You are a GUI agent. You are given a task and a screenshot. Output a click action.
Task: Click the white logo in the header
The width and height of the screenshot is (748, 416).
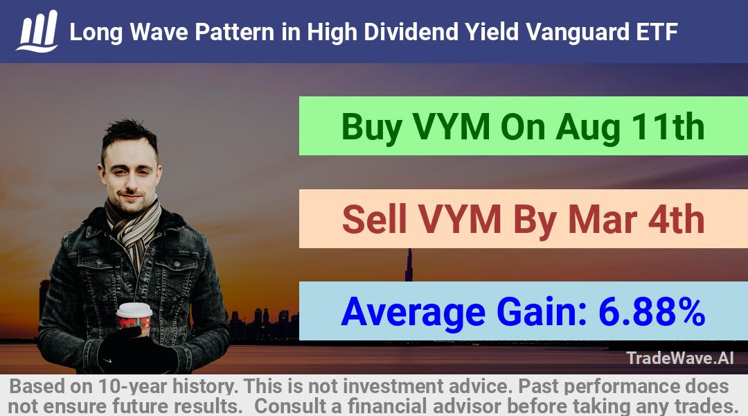point(37,31)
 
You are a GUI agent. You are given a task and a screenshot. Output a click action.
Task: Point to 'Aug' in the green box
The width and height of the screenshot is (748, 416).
point(588,128)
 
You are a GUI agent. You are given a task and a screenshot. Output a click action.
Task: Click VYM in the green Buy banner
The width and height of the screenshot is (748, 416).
point(452,127)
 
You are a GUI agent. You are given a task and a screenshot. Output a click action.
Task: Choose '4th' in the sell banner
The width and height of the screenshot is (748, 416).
point(676,219)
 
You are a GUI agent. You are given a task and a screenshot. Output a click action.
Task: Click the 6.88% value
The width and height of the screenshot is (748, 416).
point(652,312)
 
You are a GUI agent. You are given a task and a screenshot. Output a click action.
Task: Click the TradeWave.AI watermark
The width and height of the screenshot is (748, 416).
point(680,358)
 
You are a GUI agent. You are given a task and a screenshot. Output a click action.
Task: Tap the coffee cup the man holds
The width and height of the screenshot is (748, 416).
point(134,318)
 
